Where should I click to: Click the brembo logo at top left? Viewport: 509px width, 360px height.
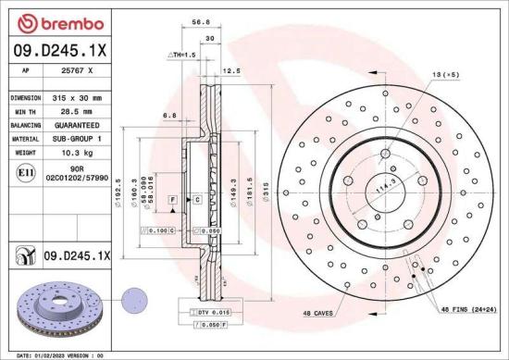(38, 21)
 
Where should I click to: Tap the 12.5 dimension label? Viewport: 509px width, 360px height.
(231, 70)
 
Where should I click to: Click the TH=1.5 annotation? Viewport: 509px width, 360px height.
(181, 56)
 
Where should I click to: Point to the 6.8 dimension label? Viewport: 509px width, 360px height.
(169, 115)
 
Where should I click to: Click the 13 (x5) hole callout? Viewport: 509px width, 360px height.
(446, 73)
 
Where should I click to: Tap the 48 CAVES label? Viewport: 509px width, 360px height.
(319, 315)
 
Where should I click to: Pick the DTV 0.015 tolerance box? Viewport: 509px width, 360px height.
(208, 315)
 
